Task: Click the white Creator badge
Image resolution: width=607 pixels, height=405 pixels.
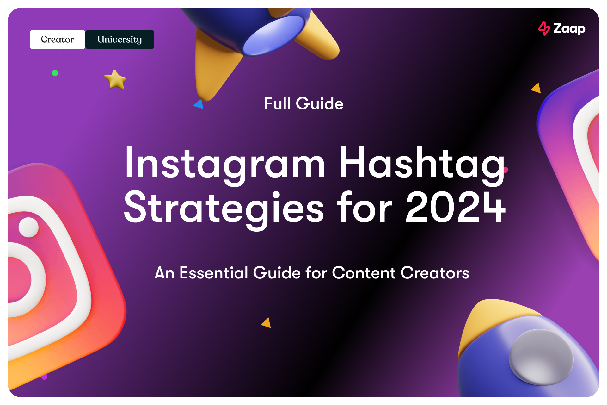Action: [57, 40]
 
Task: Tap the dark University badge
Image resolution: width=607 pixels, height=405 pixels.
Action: [120, 40]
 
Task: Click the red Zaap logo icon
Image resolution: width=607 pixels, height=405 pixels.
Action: [544, 28]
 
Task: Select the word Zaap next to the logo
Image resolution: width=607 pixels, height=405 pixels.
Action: [569, 29]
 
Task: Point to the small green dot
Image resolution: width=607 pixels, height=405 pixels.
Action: [55, 73]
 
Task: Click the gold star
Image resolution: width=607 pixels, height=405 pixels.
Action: [115, 80]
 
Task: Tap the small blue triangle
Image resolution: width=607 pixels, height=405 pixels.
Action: [199, 104]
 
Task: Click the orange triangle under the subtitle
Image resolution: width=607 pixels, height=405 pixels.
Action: [267, 323]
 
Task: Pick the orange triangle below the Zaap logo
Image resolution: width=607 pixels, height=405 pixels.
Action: [536, 88]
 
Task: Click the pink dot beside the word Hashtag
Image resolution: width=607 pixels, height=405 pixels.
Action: [506, 170]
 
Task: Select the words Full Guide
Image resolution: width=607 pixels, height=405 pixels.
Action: [303, 103]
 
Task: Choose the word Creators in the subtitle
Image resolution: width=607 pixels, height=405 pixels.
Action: [435, 273]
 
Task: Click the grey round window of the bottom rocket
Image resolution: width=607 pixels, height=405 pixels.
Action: [541, 357]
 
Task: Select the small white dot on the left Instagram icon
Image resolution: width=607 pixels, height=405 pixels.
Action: [28, 227]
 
